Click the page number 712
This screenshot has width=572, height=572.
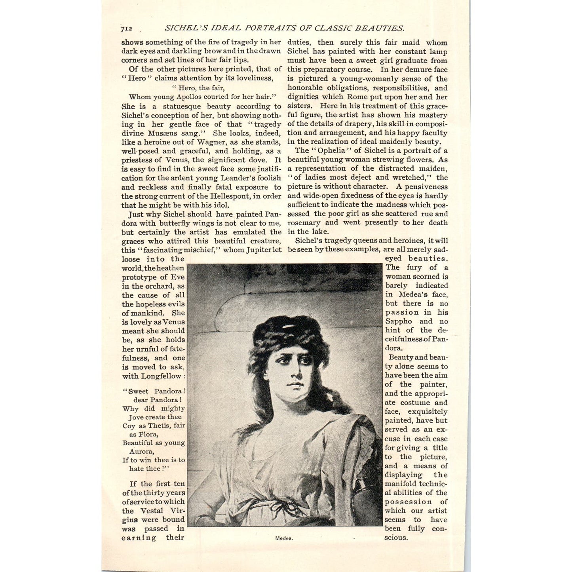[126, 29]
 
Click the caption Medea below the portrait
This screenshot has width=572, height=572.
[284, 538]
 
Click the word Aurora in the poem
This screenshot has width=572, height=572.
[141, 451]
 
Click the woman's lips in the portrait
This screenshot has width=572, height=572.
[295, 384]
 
